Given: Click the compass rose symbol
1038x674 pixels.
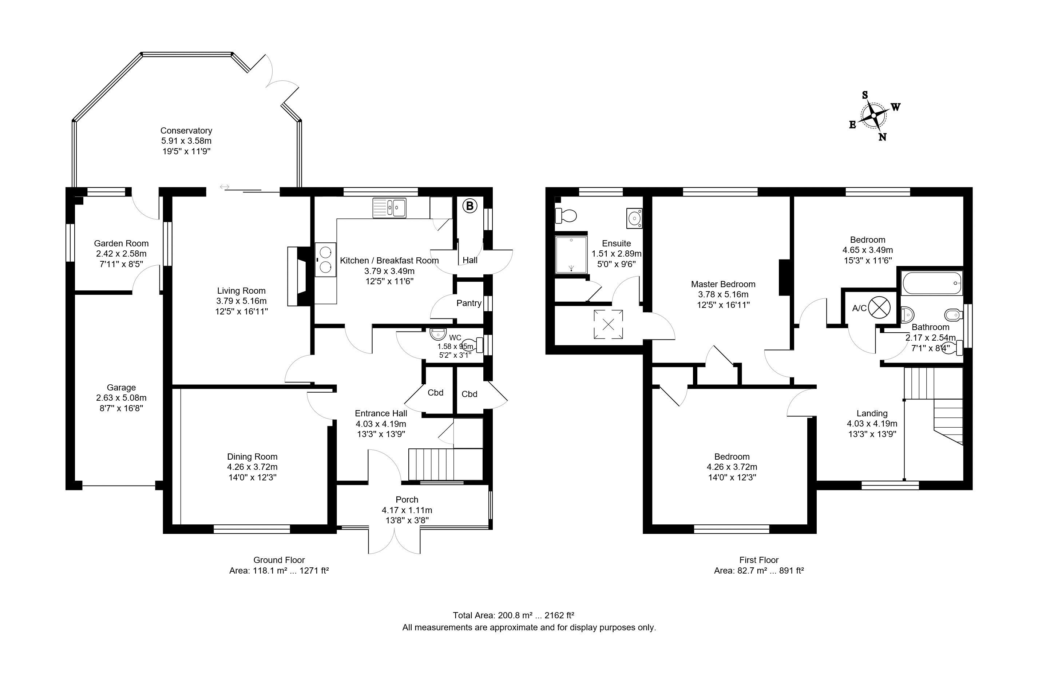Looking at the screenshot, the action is pyautogui.click(x=873, y=116).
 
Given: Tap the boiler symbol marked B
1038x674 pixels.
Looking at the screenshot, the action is pyautogui.click(x=470, y=206).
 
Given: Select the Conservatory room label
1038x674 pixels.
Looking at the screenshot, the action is pyautogui.click(x=186, y=130).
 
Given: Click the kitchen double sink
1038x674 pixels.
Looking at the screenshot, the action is pyautogui.click(x=389, y=208).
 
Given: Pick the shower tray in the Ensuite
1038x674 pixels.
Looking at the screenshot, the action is pyautogui.click(x=571, y=255).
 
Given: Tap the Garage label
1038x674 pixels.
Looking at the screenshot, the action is pyautogui.click(x=121, y=387).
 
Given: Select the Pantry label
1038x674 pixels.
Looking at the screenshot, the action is pyautogui.click(x=469, y=303).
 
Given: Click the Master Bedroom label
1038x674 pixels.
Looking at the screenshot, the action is pyautogui.click(x=723, y=284).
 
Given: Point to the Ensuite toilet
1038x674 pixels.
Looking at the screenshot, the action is pyautogui.click(x=566, y=215).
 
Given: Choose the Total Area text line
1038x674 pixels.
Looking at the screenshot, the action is pyautogui.click(x=513, y=615).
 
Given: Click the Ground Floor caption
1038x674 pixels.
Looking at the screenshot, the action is pyautogui.click(x=279, y=560).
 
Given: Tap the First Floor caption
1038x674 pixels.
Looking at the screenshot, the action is pyautogui.click(x=759, y=560).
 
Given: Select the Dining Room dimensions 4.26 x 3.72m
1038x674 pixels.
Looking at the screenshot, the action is pyautogui.click(x=252, y=467).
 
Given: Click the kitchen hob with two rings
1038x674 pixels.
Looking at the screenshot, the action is pyautogui.click(x=325, y=259).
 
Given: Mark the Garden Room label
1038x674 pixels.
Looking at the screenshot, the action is pyautogui.click(x=121, y=243).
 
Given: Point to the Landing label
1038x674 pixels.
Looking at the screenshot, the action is pyautogui.click(x=872, y=413).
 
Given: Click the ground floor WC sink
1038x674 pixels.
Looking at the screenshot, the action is pyautogui.click(x=438, y=334).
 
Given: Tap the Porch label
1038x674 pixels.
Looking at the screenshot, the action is pyautogui.click(x=407, y=500).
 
